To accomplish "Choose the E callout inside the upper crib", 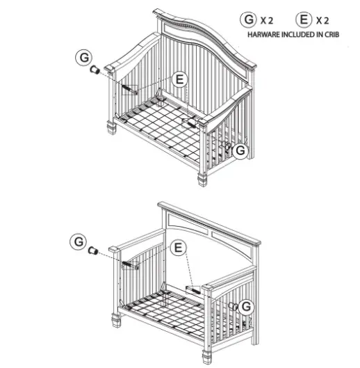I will [180, 81].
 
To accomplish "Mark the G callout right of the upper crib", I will [240, 150].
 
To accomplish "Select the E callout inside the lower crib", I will [179, 247].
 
